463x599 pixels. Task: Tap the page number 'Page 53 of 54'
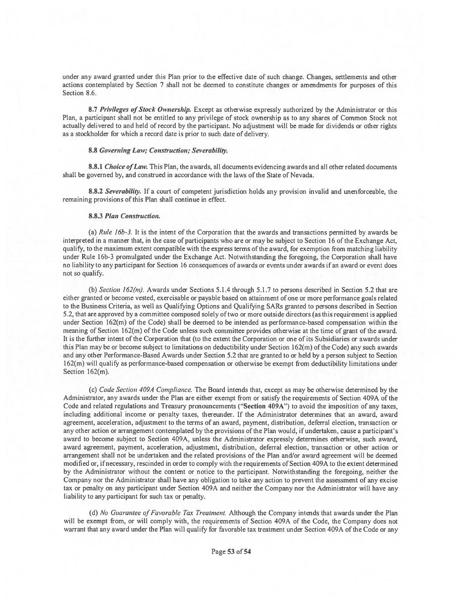tap(231, 551)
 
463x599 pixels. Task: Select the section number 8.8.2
tap(96, 191)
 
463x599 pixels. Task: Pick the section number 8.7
tap(93, 109)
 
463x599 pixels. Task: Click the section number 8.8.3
tap(96, 216)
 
